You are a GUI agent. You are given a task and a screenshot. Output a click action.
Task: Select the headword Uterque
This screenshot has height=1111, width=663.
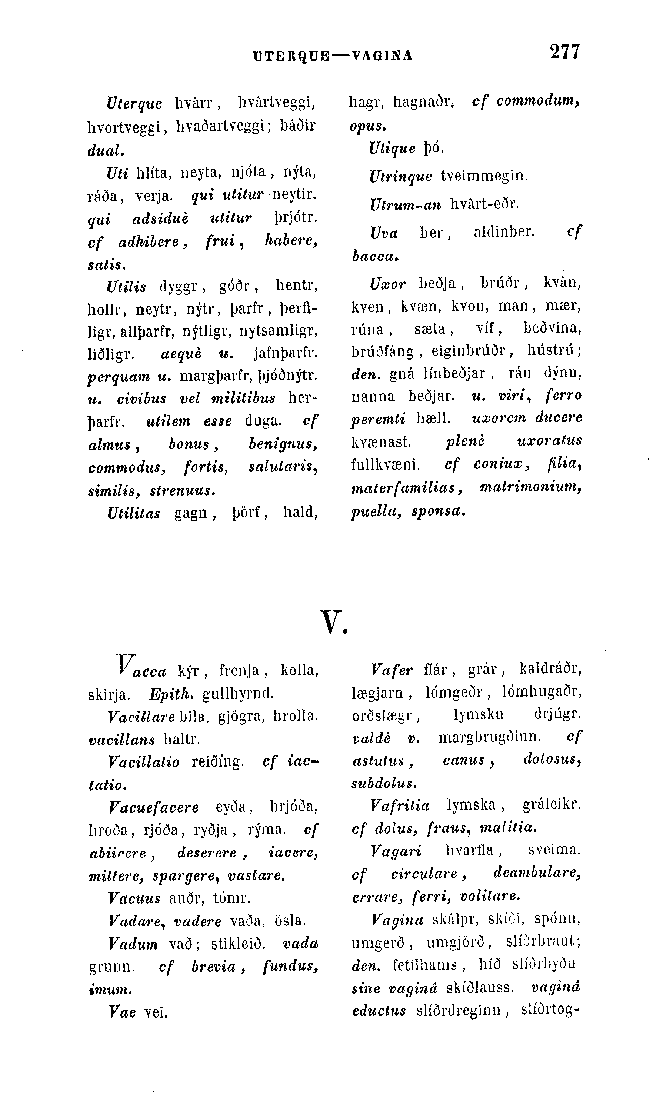tap(134, 103)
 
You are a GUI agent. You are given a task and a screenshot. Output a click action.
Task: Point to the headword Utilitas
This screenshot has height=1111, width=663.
tap(134, 513)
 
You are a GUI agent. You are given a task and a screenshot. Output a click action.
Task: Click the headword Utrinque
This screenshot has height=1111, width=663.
tap(400, 177)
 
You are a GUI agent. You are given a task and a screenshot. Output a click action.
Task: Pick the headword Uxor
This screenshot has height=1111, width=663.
tap(388, 284)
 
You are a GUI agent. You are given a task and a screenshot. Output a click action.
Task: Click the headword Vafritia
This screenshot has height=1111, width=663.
tap(400, 805)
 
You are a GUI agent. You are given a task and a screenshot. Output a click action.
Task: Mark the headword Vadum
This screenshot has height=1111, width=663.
tap(133, 944)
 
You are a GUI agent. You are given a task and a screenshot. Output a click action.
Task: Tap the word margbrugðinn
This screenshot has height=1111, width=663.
tap(489, 737)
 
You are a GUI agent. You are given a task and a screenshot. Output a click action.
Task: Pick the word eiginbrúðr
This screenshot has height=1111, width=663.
tap(468, 351)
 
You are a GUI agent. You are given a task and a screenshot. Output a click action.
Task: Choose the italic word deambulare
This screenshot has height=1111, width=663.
tap(537, 873)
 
